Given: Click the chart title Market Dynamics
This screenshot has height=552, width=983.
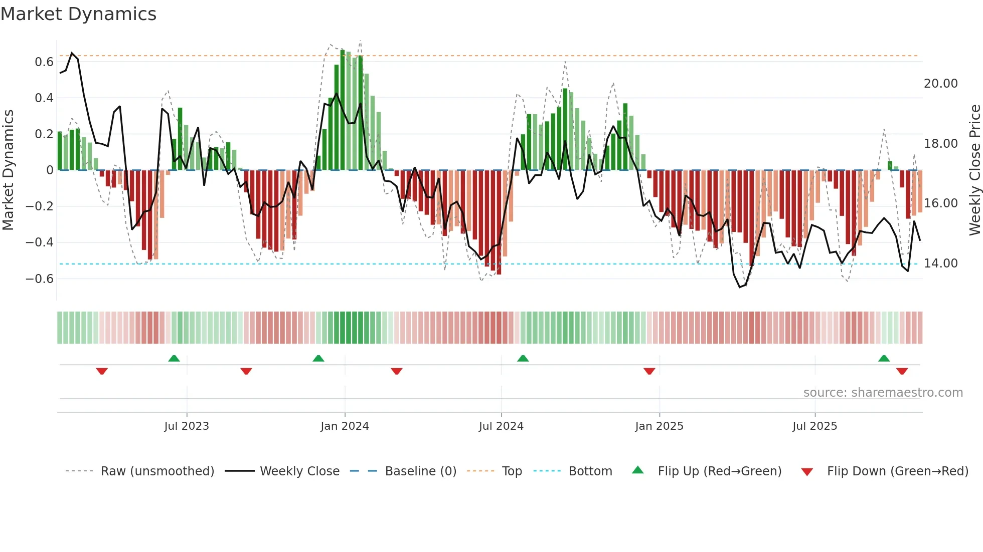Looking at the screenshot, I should tap(78, 14).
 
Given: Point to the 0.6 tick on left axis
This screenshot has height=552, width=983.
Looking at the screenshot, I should tap(44, 62).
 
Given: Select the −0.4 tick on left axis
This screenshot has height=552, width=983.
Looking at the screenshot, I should tap(40, 242).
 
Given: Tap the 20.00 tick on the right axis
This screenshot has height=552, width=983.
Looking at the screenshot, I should tap(940, 84).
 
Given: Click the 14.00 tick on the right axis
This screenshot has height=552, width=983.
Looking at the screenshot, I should tap(940, 263).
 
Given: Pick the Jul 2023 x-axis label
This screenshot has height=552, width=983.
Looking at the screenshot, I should tap(187, 426).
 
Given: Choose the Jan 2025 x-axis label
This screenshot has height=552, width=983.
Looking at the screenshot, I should tap(659, 426).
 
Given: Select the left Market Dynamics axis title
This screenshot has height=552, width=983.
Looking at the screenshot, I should tap(9, 170).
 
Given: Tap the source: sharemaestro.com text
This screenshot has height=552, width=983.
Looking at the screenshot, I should tap(883, 393).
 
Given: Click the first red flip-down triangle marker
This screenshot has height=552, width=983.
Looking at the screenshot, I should tap(102, 371).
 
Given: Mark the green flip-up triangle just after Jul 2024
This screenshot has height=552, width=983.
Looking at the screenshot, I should tap(523, 358).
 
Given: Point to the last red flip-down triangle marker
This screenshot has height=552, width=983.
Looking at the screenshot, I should tap(902, 371).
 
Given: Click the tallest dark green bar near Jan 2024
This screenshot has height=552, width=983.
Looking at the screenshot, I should tap(343, 110).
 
